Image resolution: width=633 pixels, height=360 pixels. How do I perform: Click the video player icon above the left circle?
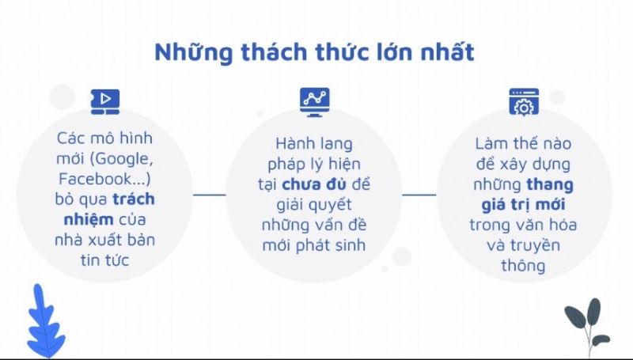point(105,102)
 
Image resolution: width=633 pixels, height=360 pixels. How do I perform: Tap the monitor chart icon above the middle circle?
point(314,103)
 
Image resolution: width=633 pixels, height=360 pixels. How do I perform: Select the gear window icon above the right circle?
point(524,102)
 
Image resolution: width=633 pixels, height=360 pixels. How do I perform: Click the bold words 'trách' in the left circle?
point(134,199)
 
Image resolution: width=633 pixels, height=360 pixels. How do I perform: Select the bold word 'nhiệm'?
point(89,220)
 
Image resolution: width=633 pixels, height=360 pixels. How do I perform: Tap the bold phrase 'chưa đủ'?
point(314,184)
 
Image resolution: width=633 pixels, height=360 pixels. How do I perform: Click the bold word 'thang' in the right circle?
point(550,185)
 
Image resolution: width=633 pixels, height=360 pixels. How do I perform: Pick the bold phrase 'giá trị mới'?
point(523,205)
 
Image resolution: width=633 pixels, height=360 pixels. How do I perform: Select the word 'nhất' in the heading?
point(447,52)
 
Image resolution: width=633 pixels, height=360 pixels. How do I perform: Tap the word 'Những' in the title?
point(194,52)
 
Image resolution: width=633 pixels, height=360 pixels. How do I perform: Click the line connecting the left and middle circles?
point(210,195)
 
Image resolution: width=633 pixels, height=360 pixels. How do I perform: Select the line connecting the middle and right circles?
point(419,195)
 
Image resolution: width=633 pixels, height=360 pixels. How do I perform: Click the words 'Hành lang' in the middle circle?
point(314,144)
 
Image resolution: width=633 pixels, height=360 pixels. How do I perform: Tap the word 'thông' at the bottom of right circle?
point(523,266)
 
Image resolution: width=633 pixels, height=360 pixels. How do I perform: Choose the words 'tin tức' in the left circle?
point(104,260)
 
